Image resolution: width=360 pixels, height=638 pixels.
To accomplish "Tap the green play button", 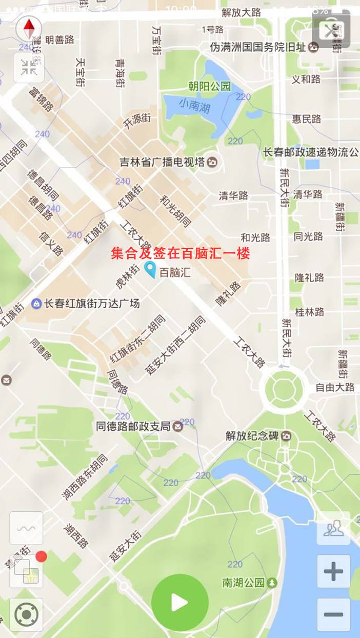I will point(179,603).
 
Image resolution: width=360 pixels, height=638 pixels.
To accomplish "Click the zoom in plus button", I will point(333,571).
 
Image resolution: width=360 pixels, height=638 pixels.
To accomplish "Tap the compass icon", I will point(29,28).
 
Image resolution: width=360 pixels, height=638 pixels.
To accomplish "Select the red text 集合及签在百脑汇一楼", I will point(181,253).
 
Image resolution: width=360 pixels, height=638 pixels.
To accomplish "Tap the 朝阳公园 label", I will point(209,86).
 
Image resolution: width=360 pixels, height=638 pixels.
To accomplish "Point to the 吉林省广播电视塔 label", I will point(162,162).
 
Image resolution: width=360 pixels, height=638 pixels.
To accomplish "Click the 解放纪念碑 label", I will point(252,436).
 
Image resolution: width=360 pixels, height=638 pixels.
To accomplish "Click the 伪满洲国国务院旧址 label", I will point(258,47).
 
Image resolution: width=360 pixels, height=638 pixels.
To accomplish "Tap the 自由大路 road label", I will point(335,387).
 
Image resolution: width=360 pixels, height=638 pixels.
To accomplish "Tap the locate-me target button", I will point(26,614).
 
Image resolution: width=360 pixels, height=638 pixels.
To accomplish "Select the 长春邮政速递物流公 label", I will point(311,152).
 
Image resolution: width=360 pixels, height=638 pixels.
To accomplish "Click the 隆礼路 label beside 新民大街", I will point(309,277).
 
